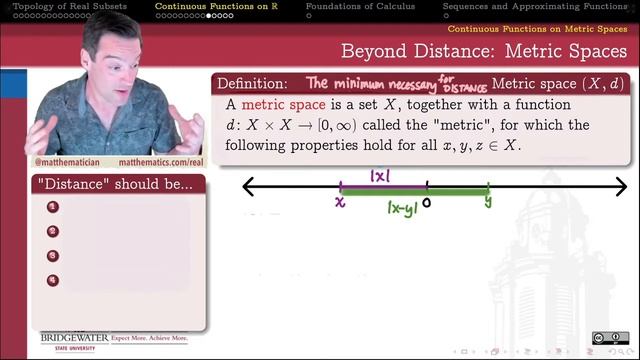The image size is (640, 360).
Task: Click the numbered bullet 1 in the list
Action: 53,207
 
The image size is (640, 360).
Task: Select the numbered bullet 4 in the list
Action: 53,280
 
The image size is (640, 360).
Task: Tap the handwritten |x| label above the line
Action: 381,176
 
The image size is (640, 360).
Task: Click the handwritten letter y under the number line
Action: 489,201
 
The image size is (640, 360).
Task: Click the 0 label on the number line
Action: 427,202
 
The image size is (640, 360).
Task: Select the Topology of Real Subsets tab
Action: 69,6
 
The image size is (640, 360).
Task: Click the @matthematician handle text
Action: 68,161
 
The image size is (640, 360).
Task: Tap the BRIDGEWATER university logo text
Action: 74,338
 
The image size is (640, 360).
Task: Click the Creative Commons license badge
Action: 604,338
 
